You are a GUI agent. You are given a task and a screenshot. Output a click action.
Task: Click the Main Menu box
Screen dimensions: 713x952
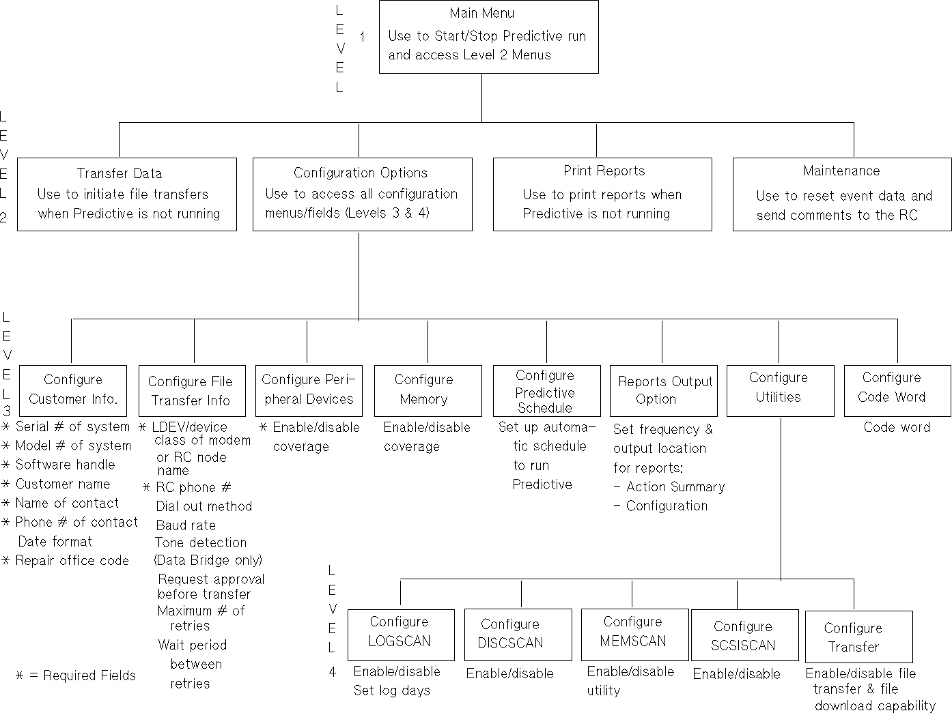click(x=488, y=37)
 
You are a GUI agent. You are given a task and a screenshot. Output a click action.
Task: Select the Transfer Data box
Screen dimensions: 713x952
click(x=127, y=194)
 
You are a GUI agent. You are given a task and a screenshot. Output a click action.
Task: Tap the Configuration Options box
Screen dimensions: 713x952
click(x=362, y=194)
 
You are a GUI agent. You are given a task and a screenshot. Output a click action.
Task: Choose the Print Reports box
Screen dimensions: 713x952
click(x=602, y=194)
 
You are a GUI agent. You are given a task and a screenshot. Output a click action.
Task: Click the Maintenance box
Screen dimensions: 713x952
click(x=842, y=194)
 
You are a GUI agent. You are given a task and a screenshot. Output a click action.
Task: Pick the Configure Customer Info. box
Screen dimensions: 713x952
click(x=73, y=390)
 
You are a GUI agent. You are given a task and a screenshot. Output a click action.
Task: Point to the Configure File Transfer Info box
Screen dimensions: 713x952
click(x=192, y=391)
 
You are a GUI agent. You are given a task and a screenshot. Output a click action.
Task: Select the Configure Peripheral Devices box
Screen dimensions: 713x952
click(x=309, y=390)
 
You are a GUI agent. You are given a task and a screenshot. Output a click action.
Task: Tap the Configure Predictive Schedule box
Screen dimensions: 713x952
click(x=546, y=391)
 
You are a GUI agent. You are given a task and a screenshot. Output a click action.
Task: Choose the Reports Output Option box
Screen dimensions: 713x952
click(x=663, y=391)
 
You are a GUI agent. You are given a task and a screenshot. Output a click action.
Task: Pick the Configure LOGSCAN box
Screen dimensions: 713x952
click(x=401, y=635)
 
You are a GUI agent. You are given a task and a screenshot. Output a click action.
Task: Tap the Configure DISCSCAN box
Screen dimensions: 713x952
click(x=518, y=635)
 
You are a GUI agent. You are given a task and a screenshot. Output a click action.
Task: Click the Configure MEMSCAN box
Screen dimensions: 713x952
click(x=634, y=634)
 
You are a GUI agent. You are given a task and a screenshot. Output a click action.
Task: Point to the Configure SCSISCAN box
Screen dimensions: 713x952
click(x=744, y=635)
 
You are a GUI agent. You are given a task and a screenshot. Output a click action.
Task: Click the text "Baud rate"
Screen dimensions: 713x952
click(x=186, y=525)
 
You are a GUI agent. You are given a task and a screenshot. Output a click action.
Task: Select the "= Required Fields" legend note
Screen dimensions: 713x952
click(x=76, y=675)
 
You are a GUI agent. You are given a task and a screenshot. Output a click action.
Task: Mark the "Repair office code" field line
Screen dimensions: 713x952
click(x=72, y=560)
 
